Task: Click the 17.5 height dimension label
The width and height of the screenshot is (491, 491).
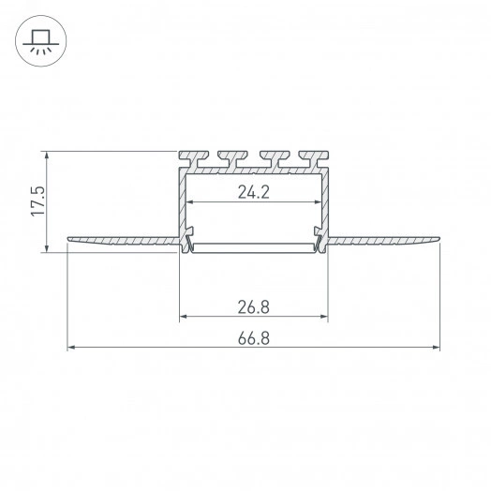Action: (x=37, y=201)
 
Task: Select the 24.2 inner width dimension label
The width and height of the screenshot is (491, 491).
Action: (x=254, y=192)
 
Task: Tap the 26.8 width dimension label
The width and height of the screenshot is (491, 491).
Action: (x=254, y=307)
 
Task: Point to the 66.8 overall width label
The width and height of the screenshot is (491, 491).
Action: (x=254, y=338)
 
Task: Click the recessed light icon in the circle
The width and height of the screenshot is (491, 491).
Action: (x=40, y=41)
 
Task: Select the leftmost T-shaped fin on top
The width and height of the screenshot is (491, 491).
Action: (x=194, y=158)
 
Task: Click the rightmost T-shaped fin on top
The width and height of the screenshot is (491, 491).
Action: (x=314, y=158)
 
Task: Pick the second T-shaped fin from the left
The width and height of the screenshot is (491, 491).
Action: (x=232, y=158)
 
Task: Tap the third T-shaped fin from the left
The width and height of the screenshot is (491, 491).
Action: (x=275, y=158)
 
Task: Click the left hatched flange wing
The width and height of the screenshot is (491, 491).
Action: (x=124, y=241)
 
